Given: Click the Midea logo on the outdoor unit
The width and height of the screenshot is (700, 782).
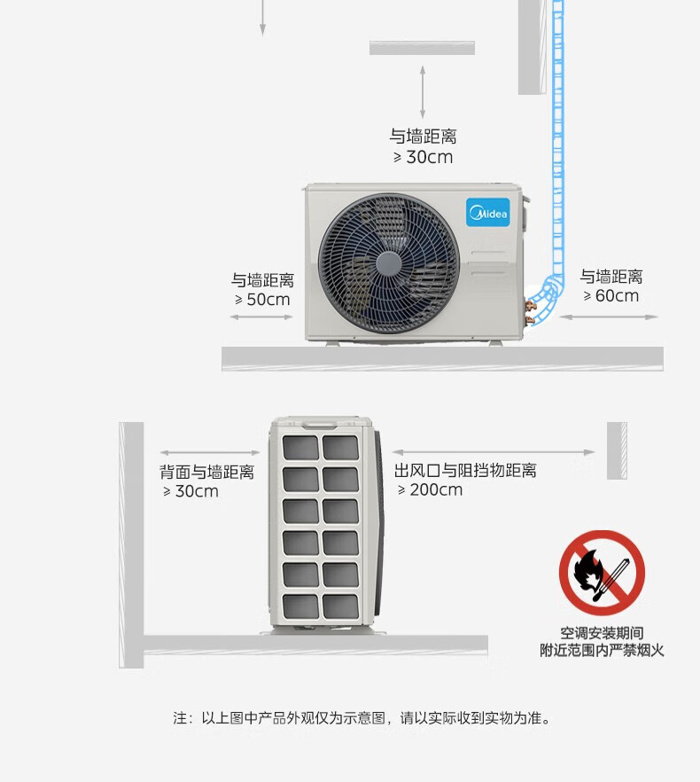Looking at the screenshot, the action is [488, 212].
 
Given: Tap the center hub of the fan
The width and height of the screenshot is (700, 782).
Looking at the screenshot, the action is [389, 262].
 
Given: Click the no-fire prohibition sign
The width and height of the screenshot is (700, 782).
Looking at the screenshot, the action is [602, 573].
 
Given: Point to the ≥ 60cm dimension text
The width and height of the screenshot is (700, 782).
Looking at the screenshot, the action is [611, 296].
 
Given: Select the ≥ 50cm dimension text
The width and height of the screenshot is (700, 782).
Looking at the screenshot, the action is [262, 300].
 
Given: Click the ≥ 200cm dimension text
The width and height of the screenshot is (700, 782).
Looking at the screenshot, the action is [430, 489].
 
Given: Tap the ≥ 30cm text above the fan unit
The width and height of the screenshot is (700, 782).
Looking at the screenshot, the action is [423, 157].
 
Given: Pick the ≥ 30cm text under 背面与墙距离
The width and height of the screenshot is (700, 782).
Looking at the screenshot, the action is [191, 491].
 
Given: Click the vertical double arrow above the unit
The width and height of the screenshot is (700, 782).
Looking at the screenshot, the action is [423, 93].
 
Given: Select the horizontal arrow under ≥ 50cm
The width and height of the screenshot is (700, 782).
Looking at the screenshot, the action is [261, 317].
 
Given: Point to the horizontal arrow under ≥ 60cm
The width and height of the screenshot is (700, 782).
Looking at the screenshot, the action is [609, 317].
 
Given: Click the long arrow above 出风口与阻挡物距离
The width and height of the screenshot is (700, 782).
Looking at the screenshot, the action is [493, 452].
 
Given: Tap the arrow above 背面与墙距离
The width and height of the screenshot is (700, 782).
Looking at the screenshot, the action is [210, 453].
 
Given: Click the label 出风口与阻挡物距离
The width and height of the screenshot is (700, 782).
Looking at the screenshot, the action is [465, 470].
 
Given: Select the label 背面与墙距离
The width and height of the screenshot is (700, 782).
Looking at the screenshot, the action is [207, 472].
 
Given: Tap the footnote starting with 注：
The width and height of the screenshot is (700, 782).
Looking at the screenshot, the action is [362, 718].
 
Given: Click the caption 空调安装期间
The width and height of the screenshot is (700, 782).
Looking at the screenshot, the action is [602, 633].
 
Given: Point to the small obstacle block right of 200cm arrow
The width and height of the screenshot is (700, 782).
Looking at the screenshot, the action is [617, 450].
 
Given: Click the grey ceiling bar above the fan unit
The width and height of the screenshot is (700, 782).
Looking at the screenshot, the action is [422, 48].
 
